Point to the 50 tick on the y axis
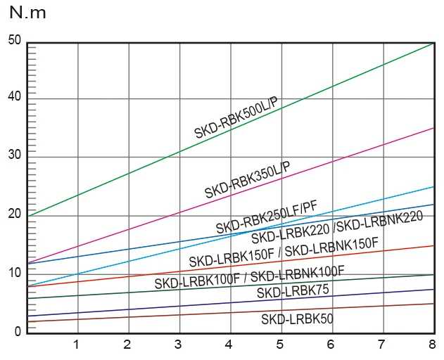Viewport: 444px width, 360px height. (x=15, y=40)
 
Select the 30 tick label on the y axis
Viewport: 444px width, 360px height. (x=15, y=155)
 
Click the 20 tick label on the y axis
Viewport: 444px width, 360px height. (x=15, y=213)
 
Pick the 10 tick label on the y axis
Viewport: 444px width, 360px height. (x=15, y=271)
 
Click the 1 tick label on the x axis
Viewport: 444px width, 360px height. (x=76, y=345)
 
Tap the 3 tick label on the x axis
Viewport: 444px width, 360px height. (x=178, y=345)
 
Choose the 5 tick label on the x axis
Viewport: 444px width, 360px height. (x=280, y=345)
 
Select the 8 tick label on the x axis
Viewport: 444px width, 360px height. (x=432, y=345)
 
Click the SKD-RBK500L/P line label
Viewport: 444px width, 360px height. (x=236, y=118)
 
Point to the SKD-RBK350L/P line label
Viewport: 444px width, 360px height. (x=247, y=180)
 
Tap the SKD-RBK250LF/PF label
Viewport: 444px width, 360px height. (x=267, y=217)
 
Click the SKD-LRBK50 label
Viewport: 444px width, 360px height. (x=297, y=319)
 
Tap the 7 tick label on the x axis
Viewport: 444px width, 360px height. (x=381, y=345)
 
